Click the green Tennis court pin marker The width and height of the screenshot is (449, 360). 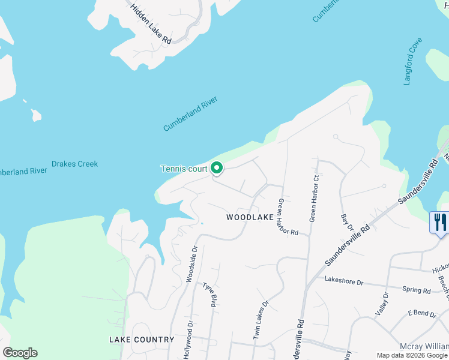pos(217,169)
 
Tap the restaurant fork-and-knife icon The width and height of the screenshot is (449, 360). pos(440,222)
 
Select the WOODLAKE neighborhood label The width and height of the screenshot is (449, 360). pos(250,217)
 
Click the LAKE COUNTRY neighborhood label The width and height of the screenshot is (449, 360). pos(142,340)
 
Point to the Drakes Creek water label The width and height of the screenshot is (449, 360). pos(74,164)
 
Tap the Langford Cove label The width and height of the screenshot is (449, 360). pos(413,61)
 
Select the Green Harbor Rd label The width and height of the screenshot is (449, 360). pos(287,217)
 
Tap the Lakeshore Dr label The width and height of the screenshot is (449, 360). pos(344,281)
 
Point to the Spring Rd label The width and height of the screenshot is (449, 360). pos(417,290)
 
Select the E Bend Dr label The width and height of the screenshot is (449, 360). pos(421,313)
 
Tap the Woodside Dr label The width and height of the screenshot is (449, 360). pos(191,263)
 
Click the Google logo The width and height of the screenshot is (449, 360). pos(20,353)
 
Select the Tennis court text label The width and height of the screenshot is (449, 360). pos(184,169)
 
